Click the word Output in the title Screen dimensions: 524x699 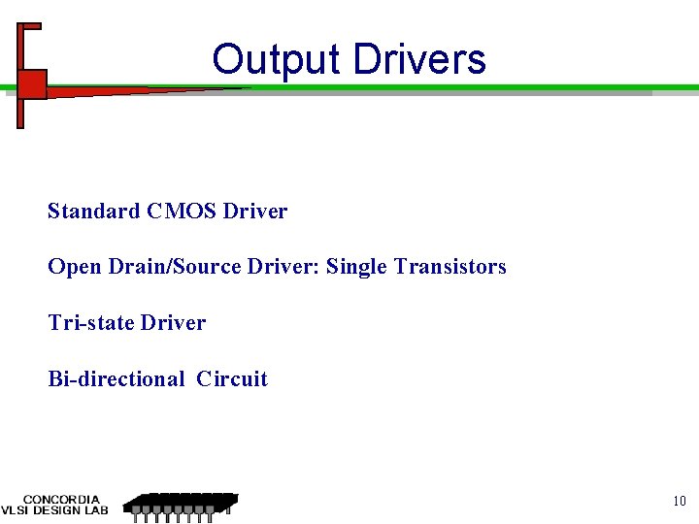(278, 59)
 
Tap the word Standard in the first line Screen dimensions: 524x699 (93, 211)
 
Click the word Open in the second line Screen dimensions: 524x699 (70, 266)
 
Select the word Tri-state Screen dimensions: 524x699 (90, 322)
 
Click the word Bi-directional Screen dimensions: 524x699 (116, 378)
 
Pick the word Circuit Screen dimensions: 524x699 (231, 378)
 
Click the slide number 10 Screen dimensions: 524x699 (679, 501)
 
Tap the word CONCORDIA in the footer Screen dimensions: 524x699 (61, 500)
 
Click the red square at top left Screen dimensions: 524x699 (32, 84)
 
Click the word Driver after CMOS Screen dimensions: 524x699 (254, 211)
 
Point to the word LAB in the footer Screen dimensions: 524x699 (94, 510)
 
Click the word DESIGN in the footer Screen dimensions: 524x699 (54, 510)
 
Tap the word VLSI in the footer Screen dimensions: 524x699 (15, 510)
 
